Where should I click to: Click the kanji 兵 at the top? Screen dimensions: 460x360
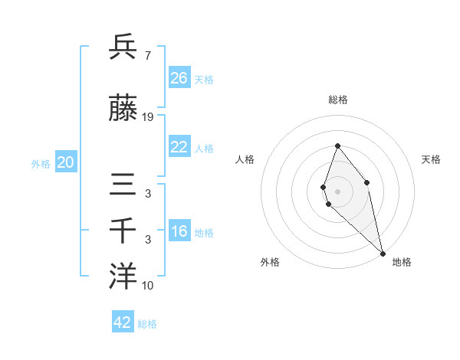pyautogui.click(x=123, y=47)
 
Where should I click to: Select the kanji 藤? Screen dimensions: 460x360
pyautogui.click(x=123, y=110)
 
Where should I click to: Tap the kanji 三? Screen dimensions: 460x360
pyautogui.click(x=123, y=185)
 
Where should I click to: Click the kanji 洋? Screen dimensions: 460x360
pyautogui.click(x=123, y=277)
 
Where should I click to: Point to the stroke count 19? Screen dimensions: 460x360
pyautogui.click(x=148, y=117)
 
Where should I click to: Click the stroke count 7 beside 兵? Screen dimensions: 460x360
pyautogui.click(x=147, y=55)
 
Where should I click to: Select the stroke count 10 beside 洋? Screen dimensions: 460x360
pyautogui.click(x=148, y=285)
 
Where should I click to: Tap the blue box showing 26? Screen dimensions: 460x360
pyautogui.click(x=179, y=77)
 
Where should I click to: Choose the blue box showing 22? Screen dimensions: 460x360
pyautogui.click(x=179, y=147)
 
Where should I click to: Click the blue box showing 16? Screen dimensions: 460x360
pyautogui.click(x=179, y=231)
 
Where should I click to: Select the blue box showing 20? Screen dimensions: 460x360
pyautogui.click(x=66, y=162)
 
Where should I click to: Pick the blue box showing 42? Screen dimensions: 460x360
pyautogui.click(x=123, y=322)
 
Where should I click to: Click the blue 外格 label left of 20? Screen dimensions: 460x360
pyautogui.click(x=41, y=163)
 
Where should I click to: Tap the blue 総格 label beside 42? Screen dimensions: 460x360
pyautogui.click(x=147, y=324)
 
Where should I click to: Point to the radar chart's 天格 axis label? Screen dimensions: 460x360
pyautogui.click(x=431, y=159)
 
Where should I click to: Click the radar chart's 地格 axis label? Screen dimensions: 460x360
pyautogui.click(x=402, y=262)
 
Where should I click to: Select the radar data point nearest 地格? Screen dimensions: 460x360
pyautogui.click(x=382, y=253)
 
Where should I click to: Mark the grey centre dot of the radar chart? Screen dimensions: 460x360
pyautogui.click(x=337, y=191)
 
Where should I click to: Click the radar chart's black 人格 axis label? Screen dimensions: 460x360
pyautogui.click(x=245, y=159)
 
